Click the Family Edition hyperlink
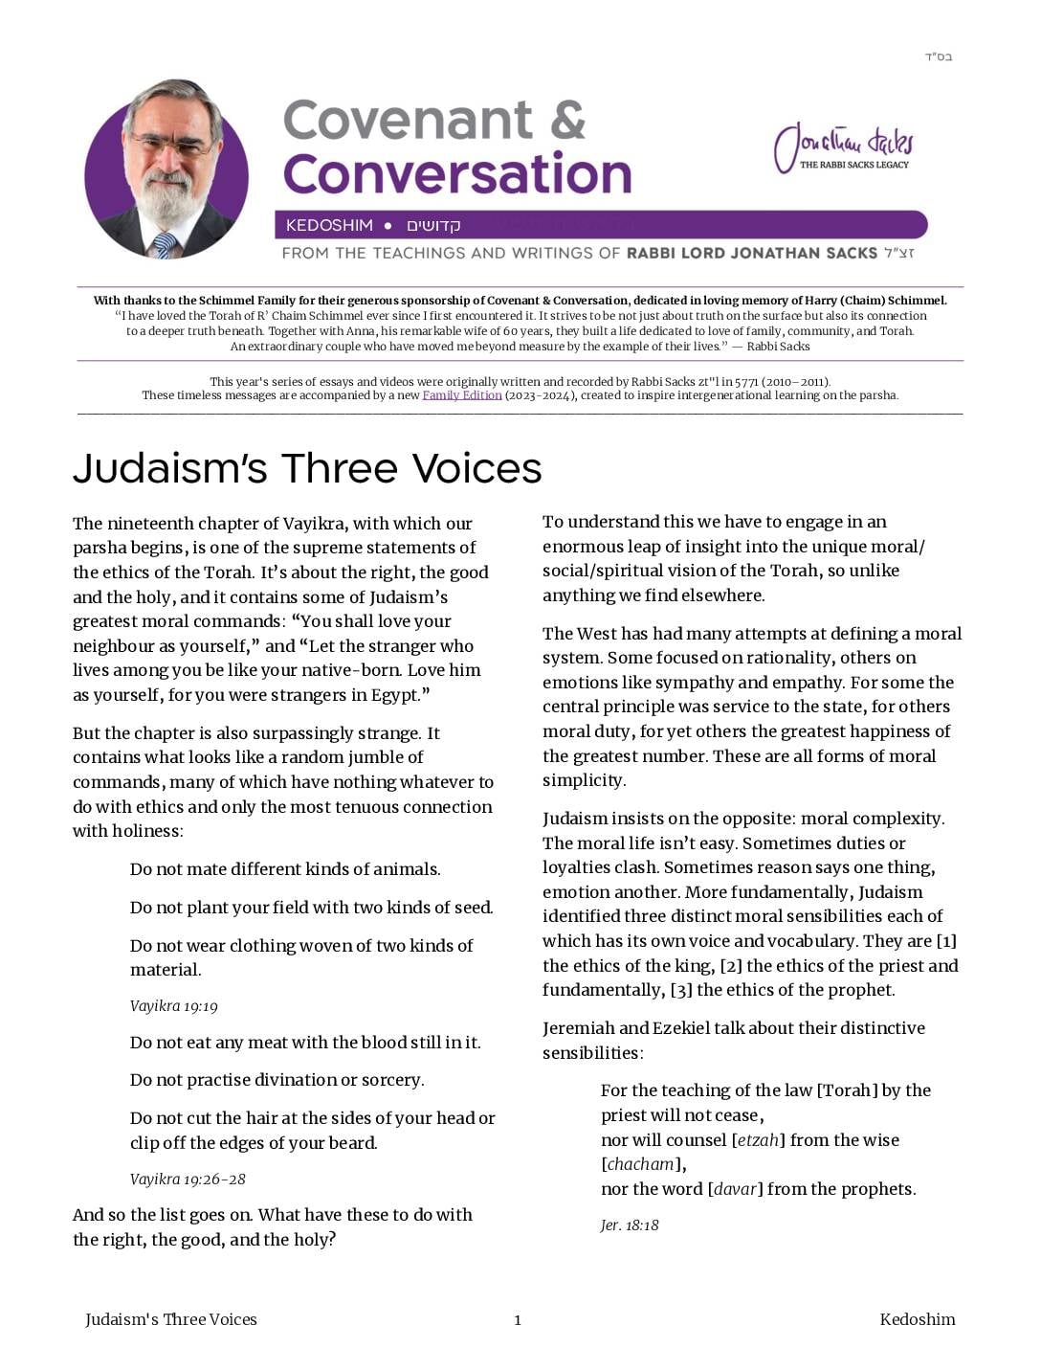[x=462, y=395]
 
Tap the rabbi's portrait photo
[x=166, y=169]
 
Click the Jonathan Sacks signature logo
[x=843, y=147]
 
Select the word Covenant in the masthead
[x=408, y=121]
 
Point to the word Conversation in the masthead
[x=457, y=174]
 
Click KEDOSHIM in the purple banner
[x=329, y=226]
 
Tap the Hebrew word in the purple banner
[x=433, y=226]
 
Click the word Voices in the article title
[x=477, y=468]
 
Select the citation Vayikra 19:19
[x=174, y=1006]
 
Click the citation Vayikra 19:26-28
[x=188, y=1179]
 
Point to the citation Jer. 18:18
[x=630, y=1225]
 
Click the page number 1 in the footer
[x=518, y=1320]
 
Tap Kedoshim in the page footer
[x=917, y=1319]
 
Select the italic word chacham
[x=641, y=1164]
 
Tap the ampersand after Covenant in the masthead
[x=567, y=121]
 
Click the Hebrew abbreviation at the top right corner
[x=938, y=56]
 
